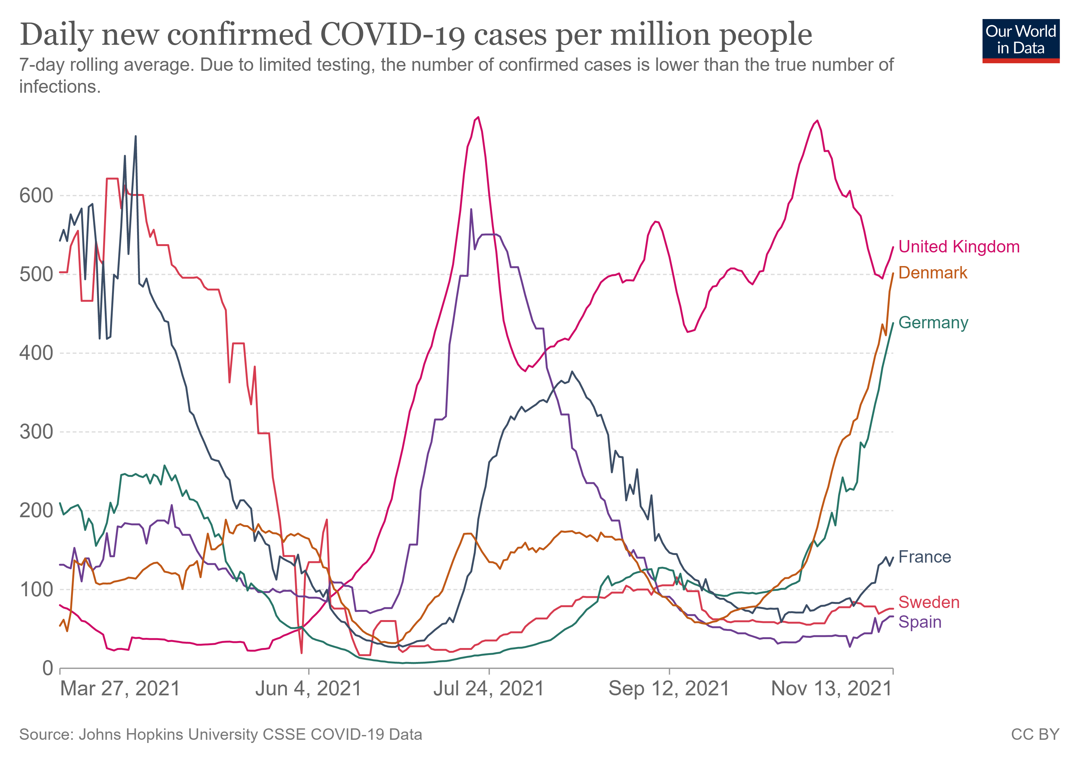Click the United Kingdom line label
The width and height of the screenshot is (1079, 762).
point(959,247)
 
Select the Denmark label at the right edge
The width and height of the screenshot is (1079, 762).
point(932,273)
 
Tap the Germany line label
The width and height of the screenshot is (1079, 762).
point(933,323)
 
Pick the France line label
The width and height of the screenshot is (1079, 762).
point(924,557)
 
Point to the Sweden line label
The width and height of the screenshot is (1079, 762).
point(929,602)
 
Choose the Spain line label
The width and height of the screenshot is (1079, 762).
point(920,622)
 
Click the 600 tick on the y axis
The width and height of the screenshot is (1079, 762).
point(36,196)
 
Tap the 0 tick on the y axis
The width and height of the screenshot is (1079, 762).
point(48,668)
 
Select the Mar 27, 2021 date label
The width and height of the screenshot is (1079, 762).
point(120,689)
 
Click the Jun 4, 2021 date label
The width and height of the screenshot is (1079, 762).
point(308,689)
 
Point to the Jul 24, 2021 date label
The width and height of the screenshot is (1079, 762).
point(489,689)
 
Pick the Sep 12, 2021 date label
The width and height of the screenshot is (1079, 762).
point(669,689)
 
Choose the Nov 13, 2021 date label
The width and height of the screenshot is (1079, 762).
point(831,689)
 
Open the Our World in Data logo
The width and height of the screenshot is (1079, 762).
point(1021,41)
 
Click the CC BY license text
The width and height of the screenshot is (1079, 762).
point(1035,734)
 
